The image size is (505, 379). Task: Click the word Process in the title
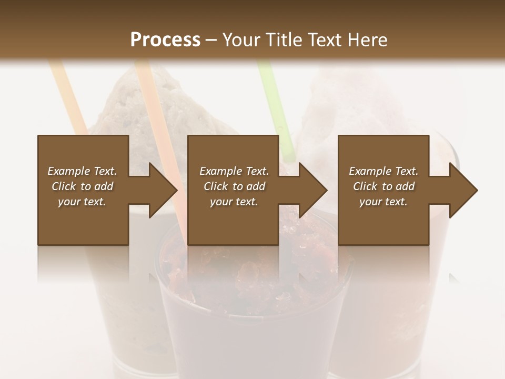(x=165, y=40)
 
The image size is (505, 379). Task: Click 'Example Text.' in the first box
(x=82, y=171)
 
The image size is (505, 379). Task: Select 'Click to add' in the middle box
(x=234, y=186)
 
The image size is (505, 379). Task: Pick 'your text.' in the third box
(x=383, y=202)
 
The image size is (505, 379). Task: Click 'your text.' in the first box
(x=82, y=202)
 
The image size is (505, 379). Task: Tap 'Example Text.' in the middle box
(x=234, y=171)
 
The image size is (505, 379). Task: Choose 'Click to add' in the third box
(x=383, y=186)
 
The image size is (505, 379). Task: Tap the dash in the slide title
(x=211, y=41)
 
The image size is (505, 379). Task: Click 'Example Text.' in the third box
(x=383, y=171)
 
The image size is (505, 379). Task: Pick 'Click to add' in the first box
(x=82, y=186)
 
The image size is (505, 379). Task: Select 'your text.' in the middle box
(x=234, y=202)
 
